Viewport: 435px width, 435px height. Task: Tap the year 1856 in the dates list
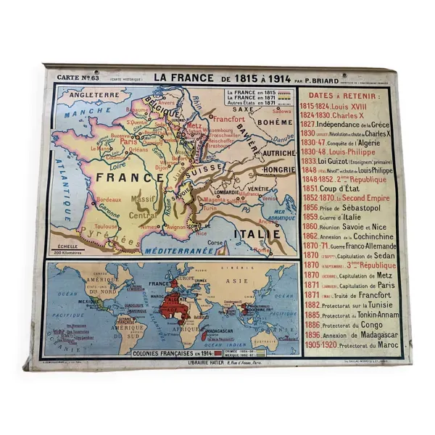pos(308,207)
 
